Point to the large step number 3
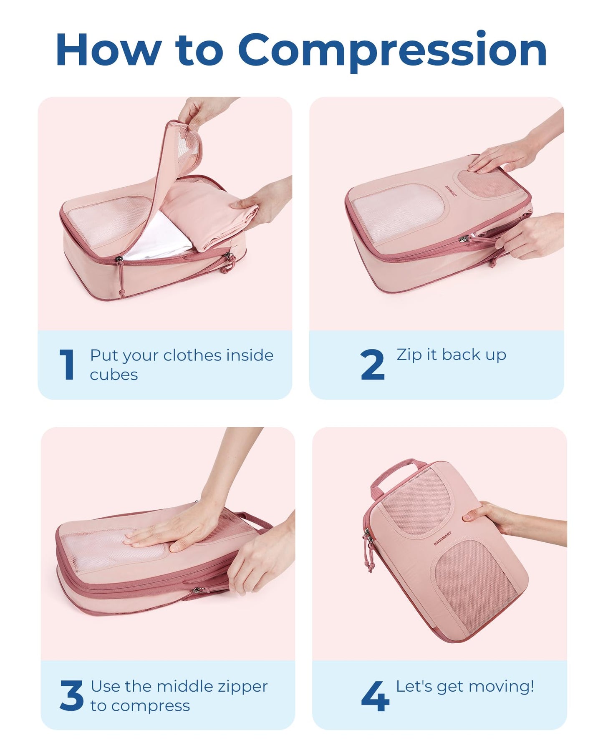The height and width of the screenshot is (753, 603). coord(71,695)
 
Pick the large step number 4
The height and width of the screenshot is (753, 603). coord(375,695)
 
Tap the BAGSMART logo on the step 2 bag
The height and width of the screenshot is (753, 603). coord(451,191)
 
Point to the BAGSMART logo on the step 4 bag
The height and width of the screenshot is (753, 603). coord(442,538)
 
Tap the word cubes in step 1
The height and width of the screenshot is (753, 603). coord(114,375)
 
